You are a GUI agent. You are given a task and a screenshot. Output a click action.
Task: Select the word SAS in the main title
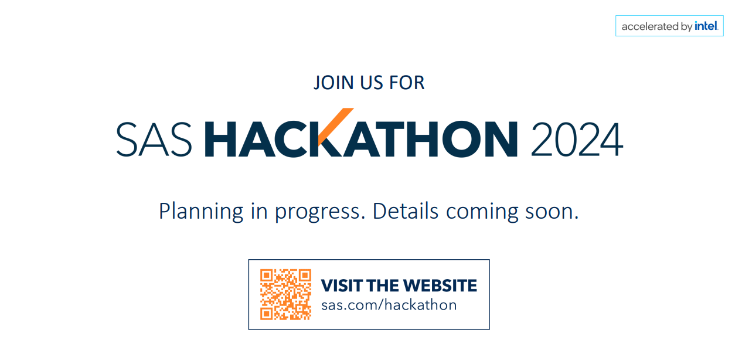(x=154, y=139)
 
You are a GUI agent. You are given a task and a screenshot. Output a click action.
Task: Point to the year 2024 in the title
(x=576, y=139)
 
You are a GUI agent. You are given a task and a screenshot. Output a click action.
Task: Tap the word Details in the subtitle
(x=406, y=210)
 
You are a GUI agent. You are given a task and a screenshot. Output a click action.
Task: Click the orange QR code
(x=285, y=294)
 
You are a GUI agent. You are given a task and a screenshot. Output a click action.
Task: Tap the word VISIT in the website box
(x=342, y=286)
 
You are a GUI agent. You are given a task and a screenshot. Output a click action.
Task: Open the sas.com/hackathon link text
(x=389, y=305)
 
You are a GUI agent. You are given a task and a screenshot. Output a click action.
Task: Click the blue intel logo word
(x=706, y=26)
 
